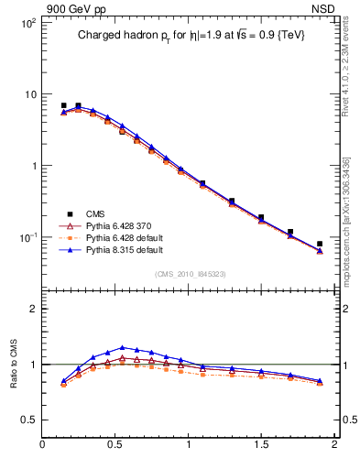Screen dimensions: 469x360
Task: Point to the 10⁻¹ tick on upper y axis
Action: pos(28,237)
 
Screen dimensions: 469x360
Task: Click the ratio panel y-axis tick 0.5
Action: pos(28,420)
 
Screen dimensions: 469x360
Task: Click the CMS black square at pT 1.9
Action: pos(320,245)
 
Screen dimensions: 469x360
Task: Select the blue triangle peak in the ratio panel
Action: pos(122,347)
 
